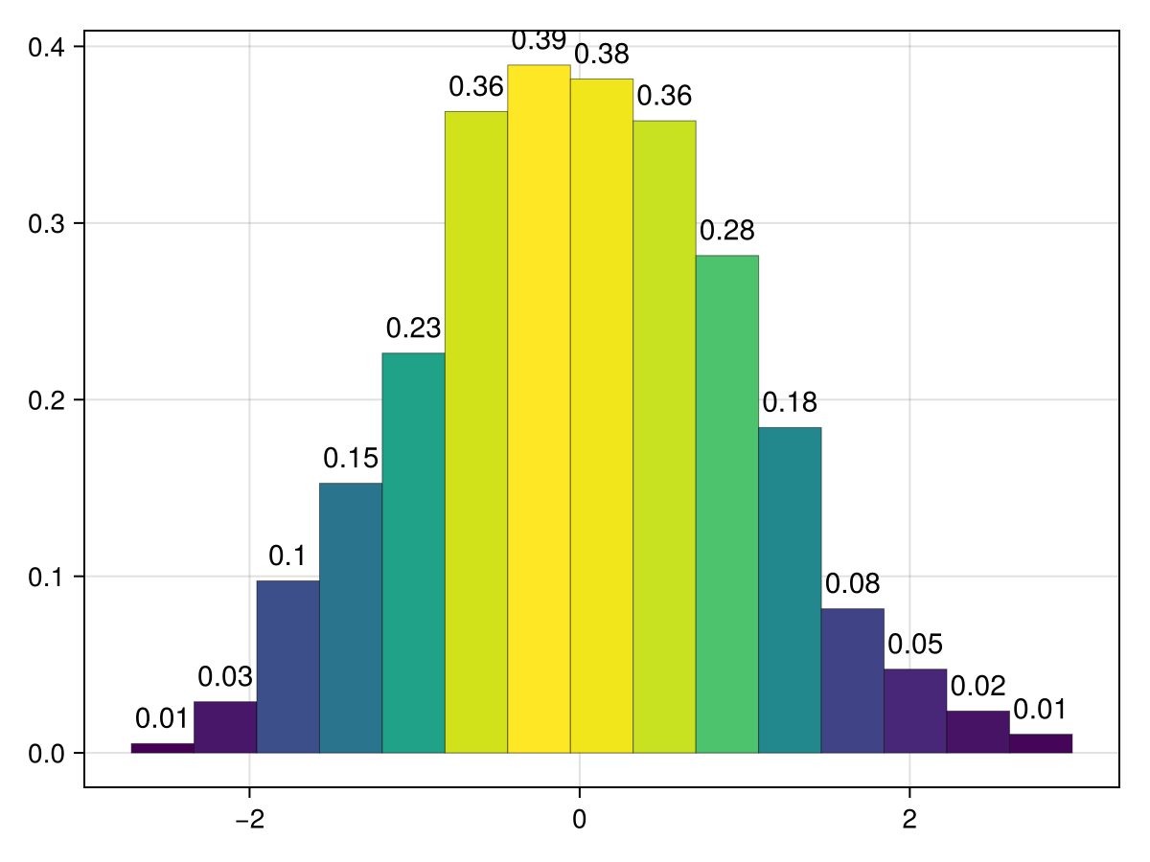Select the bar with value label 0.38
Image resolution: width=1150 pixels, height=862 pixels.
pos(601,416)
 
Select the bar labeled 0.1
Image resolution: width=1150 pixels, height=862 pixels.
pos(287,667)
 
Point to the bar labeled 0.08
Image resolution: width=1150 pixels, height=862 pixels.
pos(852,681)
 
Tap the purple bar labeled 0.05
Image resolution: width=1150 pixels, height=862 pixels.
pos(915,711)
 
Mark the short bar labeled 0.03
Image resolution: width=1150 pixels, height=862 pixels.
pos(225,727)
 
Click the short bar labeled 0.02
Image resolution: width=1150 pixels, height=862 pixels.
pos(977,732)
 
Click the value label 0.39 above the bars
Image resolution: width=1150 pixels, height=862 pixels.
pos(539,41)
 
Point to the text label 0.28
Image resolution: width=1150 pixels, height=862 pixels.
pos(726,231)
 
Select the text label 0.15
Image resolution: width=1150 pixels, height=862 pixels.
pos(351,459)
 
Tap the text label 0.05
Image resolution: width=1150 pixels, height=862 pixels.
pos(915,644)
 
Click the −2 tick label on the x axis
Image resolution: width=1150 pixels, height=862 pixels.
pos(249,794)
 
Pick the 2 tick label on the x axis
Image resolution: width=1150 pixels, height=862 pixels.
pos(908,794)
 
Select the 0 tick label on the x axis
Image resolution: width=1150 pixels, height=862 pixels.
pos(579,794)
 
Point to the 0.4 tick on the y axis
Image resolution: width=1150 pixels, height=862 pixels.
pos(46,46)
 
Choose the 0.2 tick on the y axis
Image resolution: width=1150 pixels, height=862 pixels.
pos(46,399)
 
